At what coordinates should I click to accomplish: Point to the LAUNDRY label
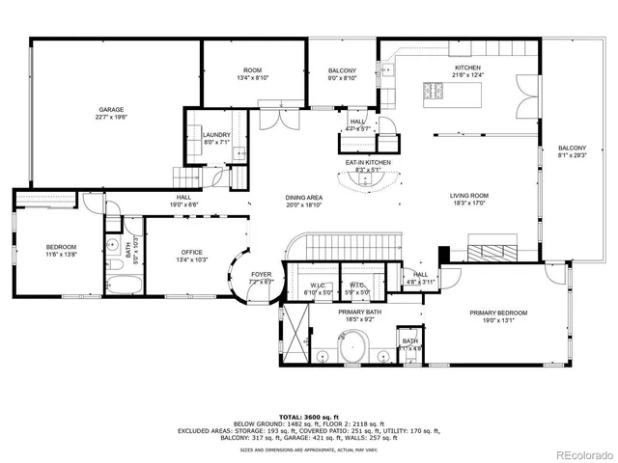[x=215, y=135]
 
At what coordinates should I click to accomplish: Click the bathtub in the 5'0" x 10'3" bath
[x=125, y=286]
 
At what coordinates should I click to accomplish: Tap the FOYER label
[x=262, y=275]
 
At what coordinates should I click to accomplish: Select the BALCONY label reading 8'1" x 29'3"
[x=572, y=148]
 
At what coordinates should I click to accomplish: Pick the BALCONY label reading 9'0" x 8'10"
[x=342, y=70]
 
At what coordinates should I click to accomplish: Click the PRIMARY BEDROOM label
[x=498, y=313]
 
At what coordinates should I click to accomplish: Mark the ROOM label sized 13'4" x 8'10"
[x=252, y=70]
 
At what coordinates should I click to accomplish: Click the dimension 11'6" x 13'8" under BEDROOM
[x=60, y=255]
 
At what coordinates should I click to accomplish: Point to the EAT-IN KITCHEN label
[x=368, y=162]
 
